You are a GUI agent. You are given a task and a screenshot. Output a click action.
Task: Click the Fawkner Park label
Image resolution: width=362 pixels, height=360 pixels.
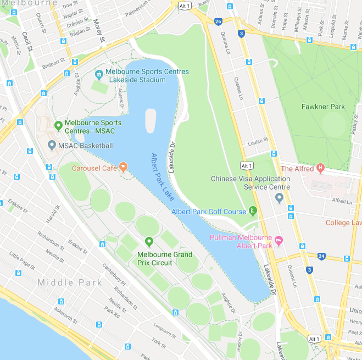323,107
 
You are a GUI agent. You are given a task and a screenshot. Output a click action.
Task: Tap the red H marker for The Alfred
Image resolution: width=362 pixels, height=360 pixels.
321,168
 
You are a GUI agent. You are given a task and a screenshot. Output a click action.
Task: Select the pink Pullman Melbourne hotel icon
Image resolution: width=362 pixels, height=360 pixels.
279,240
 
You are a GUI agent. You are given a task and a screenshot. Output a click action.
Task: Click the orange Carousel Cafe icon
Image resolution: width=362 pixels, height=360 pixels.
123,168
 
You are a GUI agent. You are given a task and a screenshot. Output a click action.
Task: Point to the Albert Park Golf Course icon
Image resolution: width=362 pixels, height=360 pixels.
253,211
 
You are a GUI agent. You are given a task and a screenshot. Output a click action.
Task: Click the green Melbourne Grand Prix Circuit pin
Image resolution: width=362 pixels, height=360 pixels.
149,242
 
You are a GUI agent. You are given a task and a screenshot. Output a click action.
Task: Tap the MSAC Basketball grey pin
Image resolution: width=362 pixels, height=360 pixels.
52,145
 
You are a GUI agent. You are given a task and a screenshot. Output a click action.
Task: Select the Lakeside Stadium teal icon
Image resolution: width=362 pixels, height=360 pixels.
99,74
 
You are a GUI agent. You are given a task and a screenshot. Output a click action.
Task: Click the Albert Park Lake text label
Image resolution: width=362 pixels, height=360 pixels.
162,176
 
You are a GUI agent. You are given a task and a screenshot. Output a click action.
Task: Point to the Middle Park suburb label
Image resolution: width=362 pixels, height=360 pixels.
70,283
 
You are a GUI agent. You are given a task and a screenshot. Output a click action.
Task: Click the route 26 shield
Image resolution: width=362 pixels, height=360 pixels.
218,22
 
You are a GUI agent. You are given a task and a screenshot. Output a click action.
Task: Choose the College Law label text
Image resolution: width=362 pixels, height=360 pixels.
344,223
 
